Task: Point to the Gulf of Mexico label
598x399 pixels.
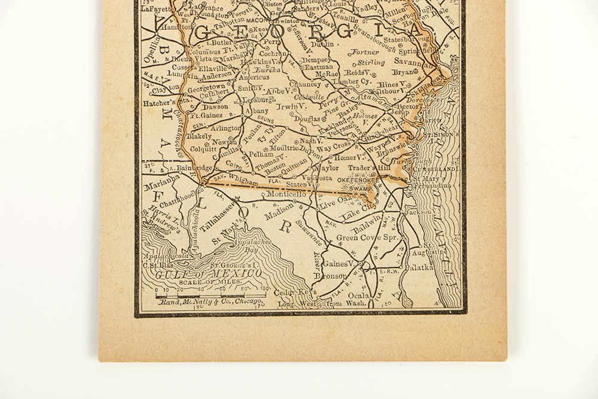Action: click(209, 273)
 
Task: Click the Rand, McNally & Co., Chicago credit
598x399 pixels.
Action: click(211, 303)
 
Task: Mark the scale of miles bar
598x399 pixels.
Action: click(209, 295)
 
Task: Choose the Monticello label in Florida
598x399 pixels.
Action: click(286, 194)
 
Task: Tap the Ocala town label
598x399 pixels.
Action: click(361, 296)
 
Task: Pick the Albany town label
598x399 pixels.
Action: click(257, 112)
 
